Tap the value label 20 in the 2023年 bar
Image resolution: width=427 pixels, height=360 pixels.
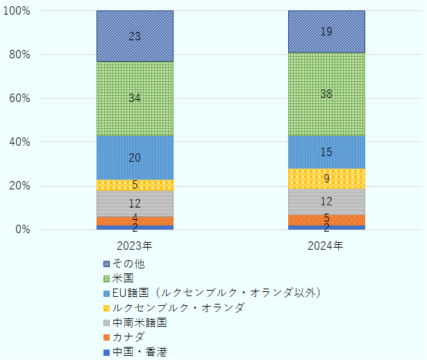[135, 158]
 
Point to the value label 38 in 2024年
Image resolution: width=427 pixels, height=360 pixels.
[326, 94]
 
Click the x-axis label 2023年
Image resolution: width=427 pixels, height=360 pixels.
[135, 246]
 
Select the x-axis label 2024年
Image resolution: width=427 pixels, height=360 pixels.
[326, 246]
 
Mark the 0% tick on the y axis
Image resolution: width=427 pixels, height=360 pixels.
[22, 230]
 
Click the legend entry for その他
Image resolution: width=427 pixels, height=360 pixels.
[128, 264]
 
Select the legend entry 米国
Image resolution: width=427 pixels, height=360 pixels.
[123, 278]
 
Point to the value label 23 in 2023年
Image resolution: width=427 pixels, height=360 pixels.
[135, 36]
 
